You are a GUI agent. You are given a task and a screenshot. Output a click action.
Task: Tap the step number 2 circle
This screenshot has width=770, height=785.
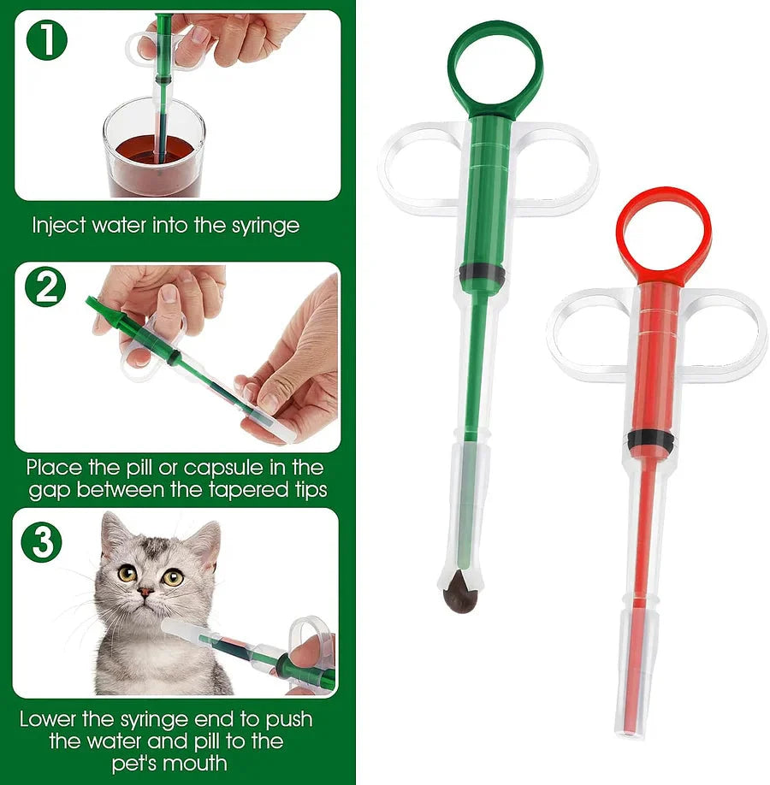[44, 287]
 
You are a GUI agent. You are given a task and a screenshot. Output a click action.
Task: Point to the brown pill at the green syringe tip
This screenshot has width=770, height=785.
[461, 589]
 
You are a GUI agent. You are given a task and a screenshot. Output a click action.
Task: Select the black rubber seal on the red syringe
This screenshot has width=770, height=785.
[650, 440]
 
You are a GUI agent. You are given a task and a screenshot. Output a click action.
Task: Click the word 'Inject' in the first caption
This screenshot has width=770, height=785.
[56, 227]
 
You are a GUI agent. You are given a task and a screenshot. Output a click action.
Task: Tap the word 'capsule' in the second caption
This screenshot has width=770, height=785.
[229, 468]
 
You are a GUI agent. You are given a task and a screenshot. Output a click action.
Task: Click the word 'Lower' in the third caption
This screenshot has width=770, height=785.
[50, 718]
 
